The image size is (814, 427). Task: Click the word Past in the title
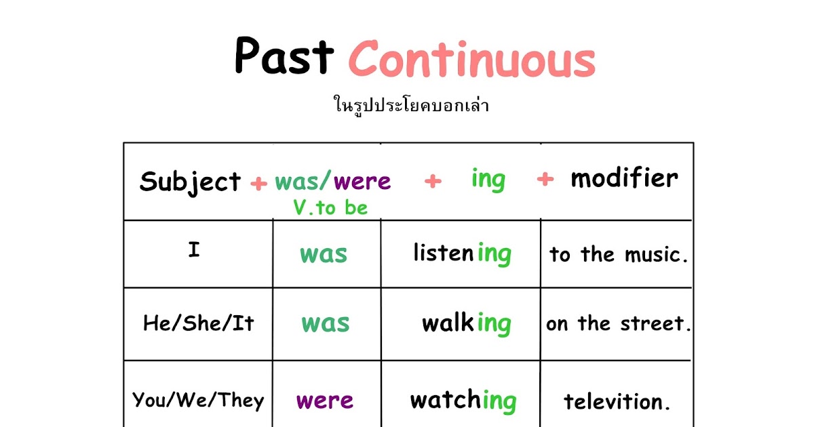[285, 57]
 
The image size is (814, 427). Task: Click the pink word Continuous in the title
[471, 60]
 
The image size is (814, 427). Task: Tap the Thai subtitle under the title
[412, 106]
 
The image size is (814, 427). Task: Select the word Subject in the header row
[190, 182]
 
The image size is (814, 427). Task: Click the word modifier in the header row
[623, 178]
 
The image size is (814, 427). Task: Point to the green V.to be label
[330, 208]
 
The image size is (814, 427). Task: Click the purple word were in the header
[362, 181]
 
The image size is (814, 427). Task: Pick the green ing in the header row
[488, 180]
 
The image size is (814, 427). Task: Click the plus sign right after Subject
[258, 183]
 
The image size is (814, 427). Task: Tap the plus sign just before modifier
[545, 180]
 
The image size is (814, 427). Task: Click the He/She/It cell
[198, 323]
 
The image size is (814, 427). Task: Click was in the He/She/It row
[325, 323]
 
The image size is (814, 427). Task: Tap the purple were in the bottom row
[325, 401]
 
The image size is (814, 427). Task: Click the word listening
[461, 254]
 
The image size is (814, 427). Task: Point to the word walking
[466, 324]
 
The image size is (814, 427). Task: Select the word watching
[463, 401]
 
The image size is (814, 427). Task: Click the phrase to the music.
[619, 255]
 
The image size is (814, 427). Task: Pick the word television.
[617, 402]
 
